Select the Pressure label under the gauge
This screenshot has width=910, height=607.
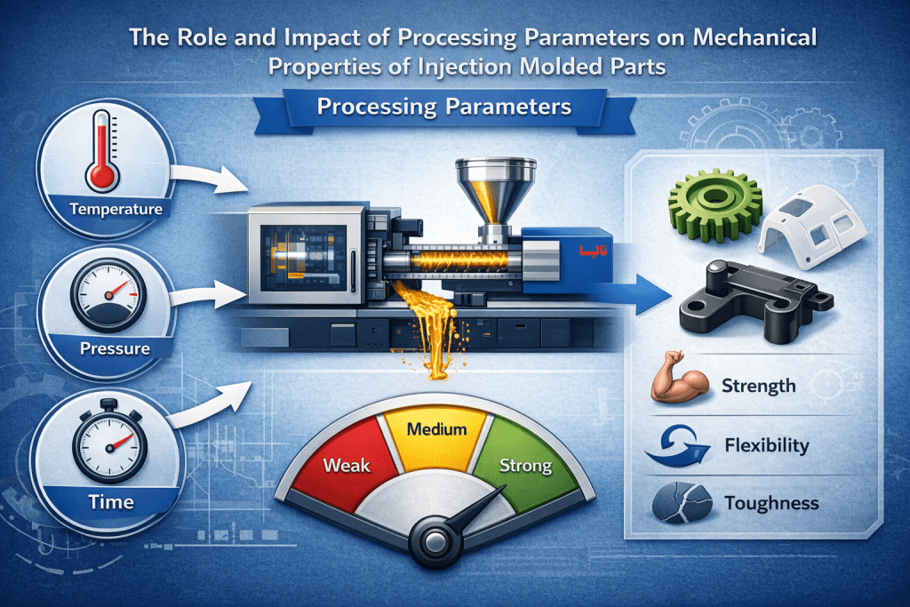[116, 347]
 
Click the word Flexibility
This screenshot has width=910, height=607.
[767, 444]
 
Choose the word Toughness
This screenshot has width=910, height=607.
[770, 503]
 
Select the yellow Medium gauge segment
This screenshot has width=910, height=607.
[435, 434]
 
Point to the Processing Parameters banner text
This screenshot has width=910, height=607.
[444, 107]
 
